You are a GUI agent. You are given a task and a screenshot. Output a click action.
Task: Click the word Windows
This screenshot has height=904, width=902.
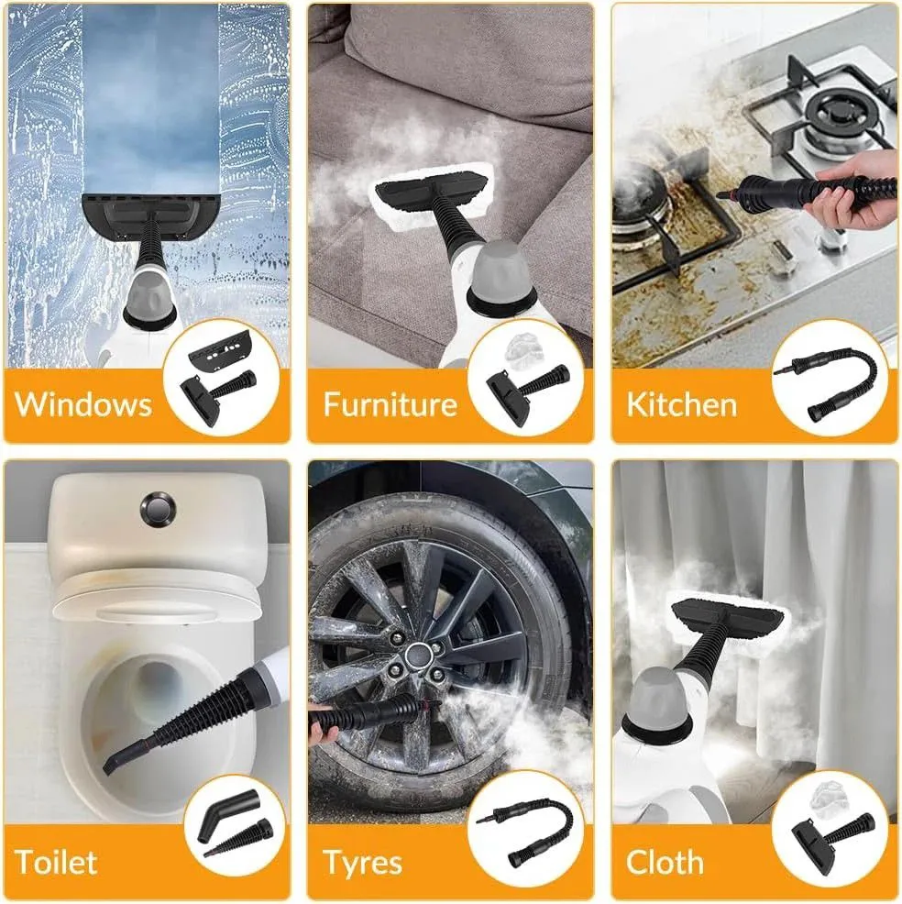83,403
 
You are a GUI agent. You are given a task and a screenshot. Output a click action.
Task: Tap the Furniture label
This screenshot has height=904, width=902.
390,403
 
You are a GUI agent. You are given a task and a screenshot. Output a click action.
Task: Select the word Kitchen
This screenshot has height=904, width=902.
682,404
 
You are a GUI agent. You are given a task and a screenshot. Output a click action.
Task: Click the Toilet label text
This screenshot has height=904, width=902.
56,862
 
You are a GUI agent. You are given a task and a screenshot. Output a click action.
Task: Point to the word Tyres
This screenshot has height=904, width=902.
362,864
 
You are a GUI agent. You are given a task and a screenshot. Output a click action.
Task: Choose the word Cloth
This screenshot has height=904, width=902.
665,863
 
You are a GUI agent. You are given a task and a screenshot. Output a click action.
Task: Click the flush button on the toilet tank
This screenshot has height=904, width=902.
158,509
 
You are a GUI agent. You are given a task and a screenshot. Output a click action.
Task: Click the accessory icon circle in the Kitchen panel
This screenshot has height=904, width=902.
830,379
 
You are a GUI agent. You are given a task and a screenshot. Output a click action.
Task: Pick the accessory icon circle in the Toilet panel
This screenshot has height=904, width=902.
236,825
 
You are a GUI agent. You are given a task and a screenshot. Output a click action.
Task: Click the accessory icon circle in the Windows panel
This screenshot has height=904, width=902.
221,379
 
